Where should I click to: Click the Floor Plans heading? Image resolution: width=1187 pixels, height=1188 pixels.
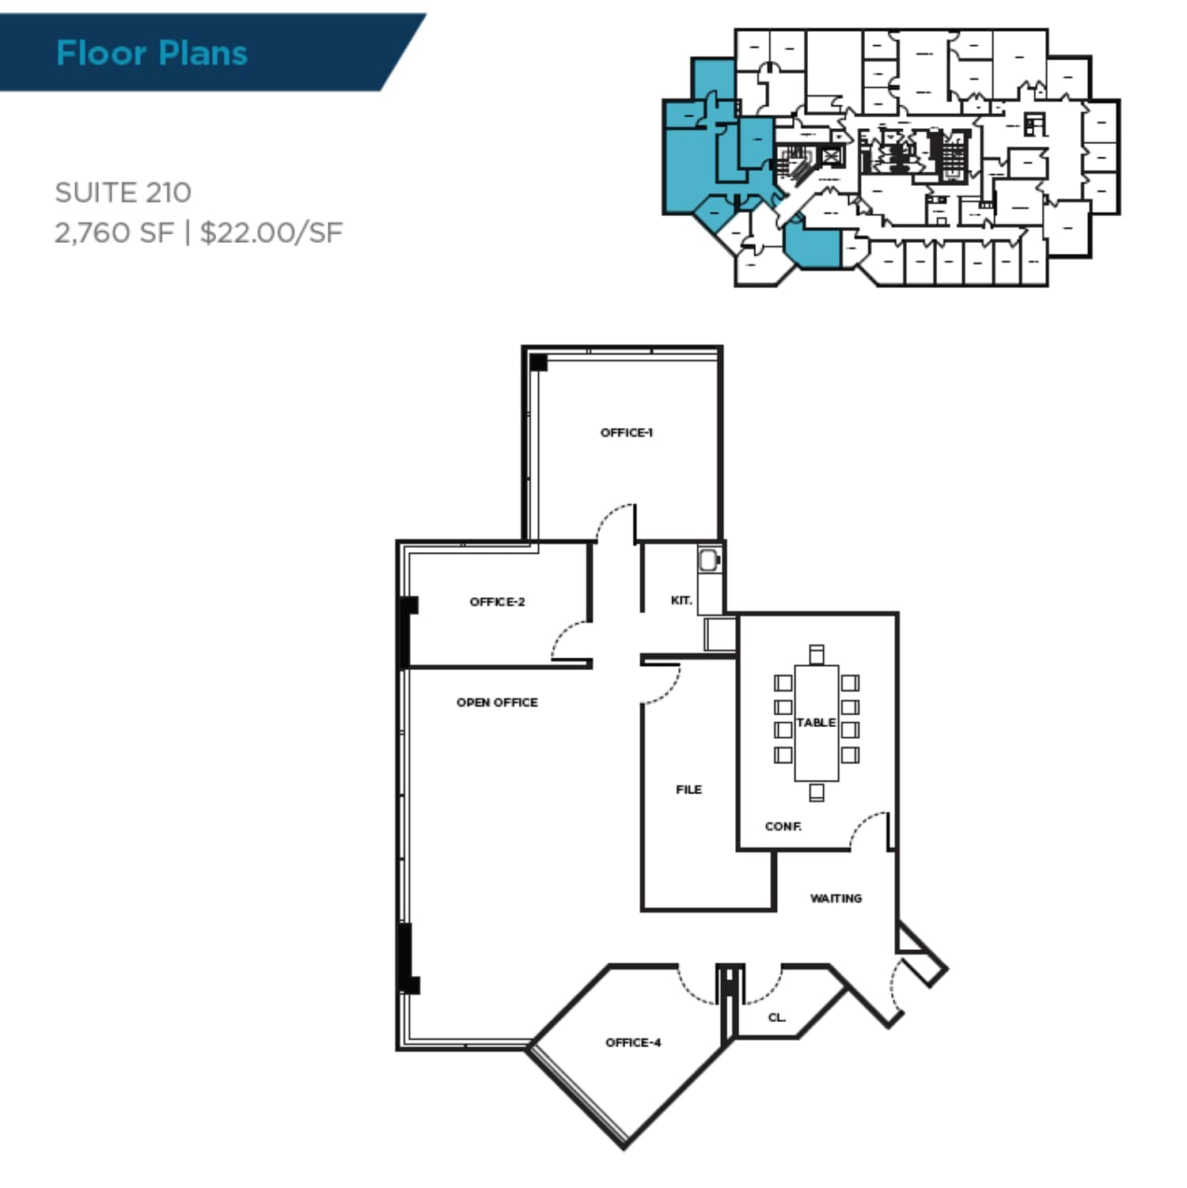click(x=152, y=53)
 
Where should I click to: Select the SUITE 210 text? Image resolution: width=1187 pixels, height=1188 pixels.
click(x=123, y=192)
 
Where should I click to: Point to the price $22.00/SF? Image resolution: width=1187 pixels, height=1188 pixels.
click(x=271, y=233)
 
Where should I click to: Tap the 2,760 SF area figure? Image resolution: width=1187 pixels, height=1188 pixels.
click(x=114, y=233)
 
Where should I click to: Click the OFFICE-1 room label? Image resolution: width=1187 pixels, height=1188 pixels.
click(x=626, y=433)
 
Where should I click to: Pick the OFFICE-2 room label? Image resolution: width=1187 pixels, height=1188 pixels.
click(x=497, y=602)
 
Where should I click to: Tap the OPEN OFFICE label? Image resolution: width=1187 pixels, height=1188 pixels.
click(x=497, y=702)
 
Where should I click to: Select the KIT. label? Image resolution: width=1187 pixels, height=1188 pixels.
click(x=681, y=600)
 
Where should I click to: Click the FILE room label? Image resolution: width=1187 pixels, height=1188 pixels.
click(x=688, y=789)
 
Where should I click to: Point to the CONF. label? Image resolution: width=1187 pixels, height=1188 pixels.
click(x=783, y=827)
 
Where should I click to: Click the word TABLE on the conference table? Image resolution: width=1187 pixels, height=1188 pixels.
click(x=816, y=722)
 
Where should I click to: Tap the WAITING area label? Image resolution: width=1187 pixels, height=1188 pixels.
click(x=836, y=899)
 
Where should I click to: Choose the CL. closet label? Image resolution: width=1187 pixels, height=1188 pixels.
click(x=777, y=1017)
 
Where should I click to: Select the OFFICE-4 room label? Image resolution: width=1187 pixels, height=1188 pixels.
click(x=633, y=1042)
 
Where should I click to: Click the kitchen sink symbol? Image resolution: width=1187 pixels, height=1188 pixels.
click(x=709, y=561)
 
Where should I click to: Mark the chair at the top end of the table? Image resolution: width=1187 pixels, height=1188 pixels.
click(x=817, y=654)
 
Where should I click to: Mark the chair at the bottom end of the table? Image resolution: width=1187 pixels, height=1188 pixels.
click(x=817, y=792)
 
